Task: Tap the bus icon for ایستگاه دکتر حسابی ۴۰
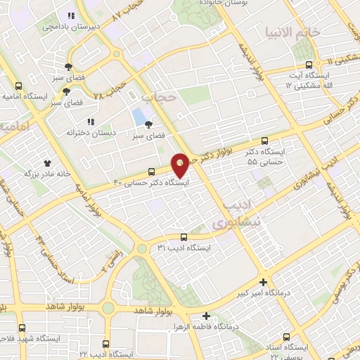click(x=152, y=172)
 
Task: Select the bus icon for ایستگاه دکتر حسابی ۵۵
click(x=264, y=141)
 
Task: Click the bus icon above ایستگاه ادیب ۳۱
click(x=184, y=237)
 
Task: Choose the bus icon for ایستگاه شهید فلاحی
click(x=22, y=328)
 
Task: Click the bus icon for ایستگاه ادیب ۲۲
click(x=105, y=345)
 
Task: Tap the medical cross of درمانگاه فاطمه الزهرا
click(x=206, y=316)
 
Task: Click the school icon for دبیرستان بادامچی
click(x=70, y=15)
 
